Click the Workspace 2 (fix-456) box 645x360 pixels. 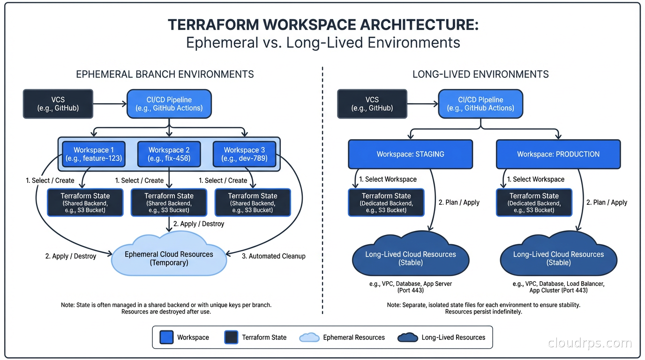tap(169, 154)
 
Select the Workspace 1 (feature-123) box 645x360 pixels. tap(93, 154)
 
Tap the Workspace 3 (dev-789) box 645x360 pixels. tap(244, 154)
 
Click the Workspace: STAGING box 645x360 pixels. tap(410, 154)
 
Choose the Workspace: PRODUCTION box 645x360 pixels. tap(558, 154)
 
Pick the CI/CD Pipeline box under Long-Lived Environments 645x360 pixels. tap(480, 104)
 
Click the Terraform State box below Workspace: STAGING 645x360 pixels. tap(386, 202)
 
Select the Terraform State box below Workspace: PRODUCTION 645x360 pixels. tap(534, 202)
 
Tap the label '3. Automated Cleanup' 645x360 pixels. tap(273, 256)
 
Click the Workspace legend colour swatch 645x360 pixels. tap(166, 337)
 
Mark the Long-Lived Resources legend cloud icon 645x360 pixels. tap(407, 337)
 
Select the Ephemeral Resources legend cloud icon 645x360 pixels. tap(309, 337)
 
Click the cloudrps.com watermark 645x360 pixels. tap(590, 343)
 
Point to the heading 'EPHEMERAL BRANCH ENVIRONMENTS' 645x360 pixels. tap(165, 74)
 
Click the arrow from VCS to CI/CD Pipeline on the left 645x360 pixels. tap(110, 104)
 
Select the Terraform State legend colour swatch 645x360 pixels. tap(232, 337)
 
